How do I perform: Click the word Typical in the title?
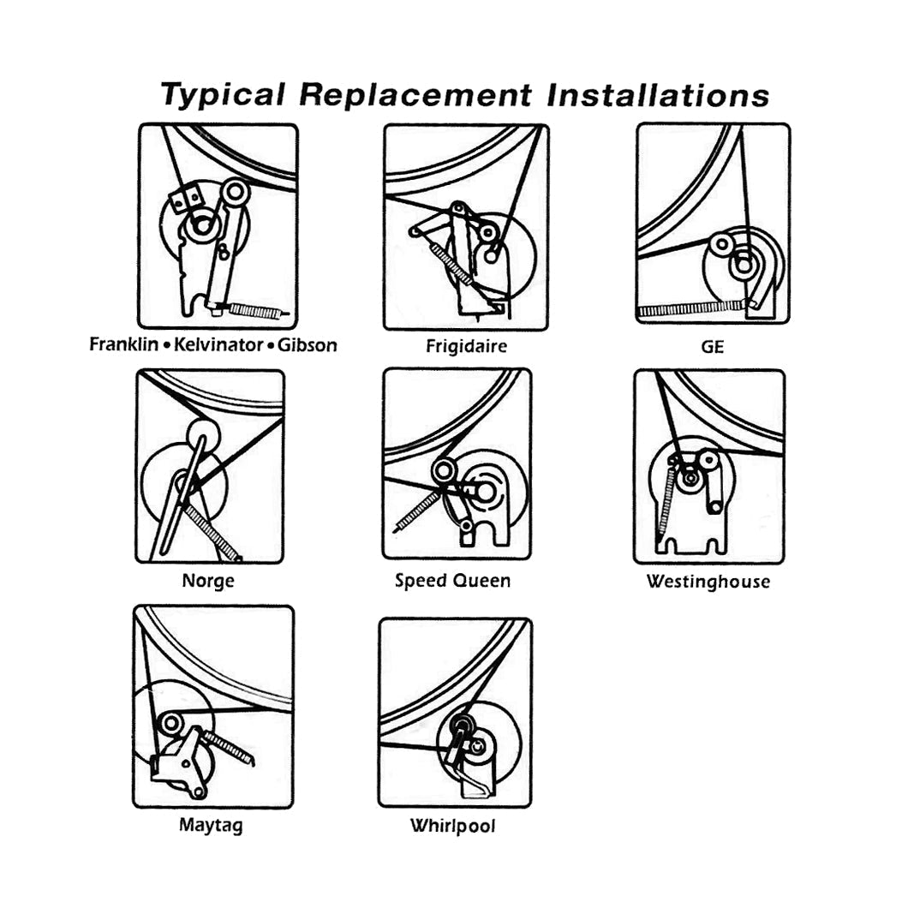[x=222, y=94]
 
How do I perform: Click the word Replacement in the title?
[x=415, y=94]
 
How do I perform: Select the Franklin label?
[x=124, y=345]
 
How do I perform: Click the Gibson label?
[x=306, y=345]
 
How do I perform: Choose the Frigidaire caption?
[x=466, y=347]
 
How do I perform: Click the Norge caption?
[x=208, y=582]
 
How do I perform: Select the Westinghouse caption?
[x=708, y=582]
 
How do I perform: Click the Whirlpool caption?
[x=452, y=827]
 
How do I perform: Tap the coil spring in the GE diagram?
[x=690, y=308]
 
